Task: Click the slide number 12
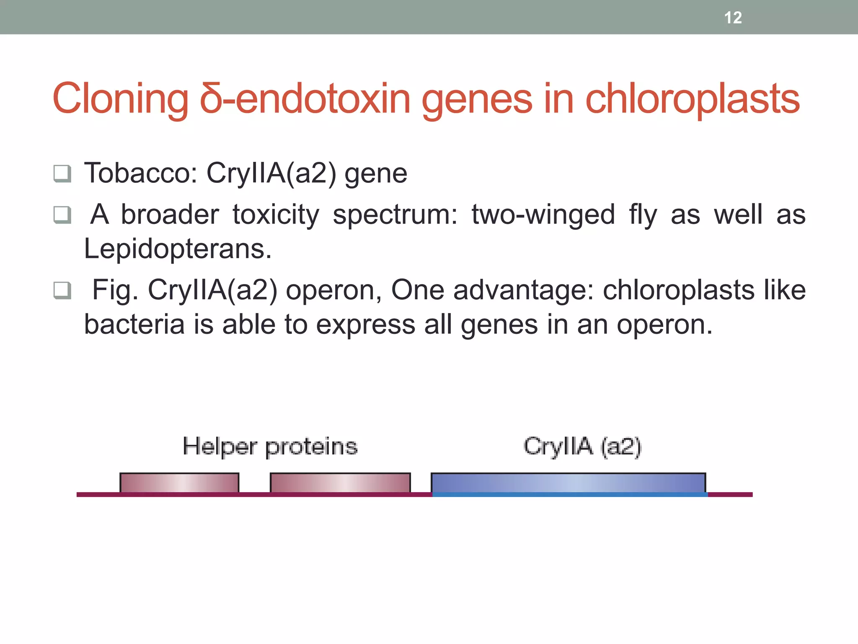click(x=733, y=18)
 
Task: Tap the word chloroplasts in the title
click(x=692, y=99)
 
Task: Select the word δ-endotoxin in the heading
click(x=305, y=99)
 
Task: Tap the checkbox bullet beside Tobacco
click(x=62, y=173)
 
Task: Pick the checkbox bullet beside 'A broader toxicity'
click(x=62, y=215)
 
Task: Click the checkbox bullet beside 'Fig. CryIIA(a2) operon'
click(x=62, y=291)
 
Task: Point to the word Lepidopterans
click(x=178, y=249)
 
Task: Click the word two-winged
click(x=543, y=215)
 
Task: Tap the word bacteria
click(x=134, y=325)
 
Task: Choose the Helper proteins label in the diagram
click(x=270, y=447)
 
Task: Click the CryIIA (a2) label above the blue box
click(x=582, y=447)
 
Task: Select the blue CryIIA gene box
click(x=569, y=483)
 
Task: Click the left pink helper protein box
click(x=179, y=483)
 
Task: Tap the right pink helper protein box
click(x=340, y=483)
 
